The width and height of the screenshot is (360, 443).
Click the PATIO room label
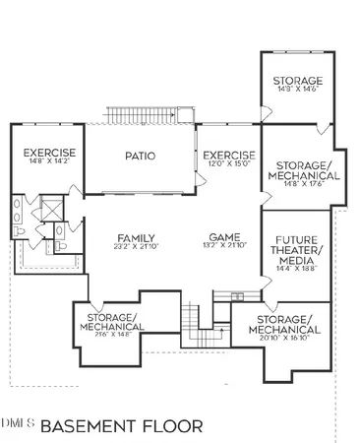click(142, 156)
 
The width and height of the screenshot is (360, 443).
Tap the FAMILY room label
click(136, 237)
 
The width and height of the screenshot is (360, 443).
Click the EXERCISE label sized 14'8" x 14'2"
click(47, 155)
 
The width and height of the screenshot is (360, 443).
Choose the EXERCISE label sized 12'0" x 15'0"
click(228, 156)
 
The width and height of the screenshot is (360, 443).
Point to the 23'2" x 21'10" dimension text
click(136, 246)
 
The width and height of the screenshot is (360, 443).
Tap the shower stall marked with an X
click(46, 210)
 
